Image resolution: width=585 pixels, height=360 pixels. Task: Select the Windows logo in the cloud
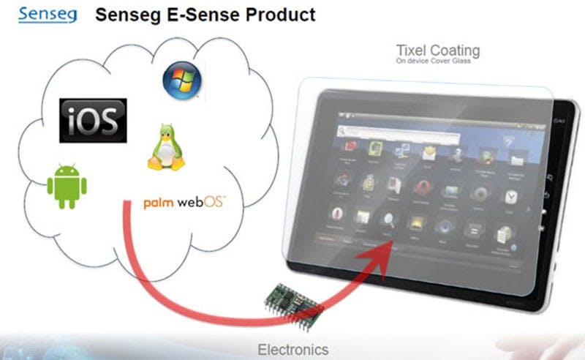pyautogui.click(x=181, y=80)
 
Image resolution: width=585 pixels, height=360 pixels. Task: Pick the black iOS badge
pyautogui.click(x=94, y=120)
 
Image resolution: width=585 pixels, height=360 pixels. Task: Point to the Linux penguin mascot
pyautogui.click(x=166, y=147)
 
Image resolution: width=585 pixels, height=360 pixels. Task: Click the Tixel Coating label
pyautogui.click(x=437, y=51)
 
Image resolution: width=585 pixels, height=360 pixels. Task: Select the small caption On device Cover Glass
pyautogui.click(x=432, y=63)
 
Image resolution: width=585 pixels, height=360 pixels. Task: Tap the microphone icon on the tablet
pyautogui.click(x=337, y=213)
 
